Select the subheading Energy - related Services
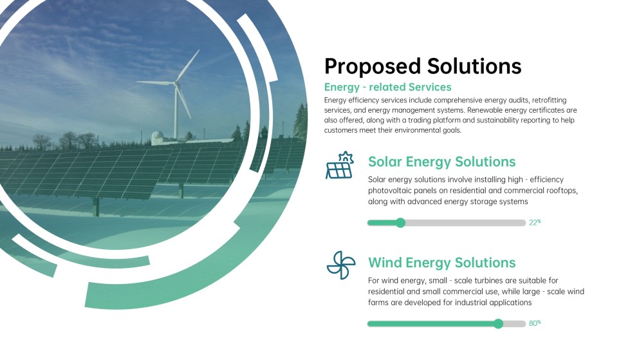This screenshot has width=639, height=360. (387, 87)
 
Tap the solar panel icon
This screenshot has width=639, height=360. (340, 166)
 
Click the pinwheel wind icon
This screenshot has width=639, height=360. (340, 265)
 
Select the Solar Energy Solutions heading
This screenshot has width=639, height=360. (441, 162)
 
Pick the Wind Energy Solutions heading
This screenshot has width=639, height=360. (441, 263)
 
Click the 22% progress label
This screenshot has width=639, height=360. (535, 222)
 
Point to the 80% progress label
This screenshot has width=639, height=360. (535, 323)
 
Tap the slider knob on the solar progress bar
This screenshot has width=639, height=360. (400, 223)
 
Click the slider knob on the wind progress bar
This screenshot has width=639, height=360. (498, 323)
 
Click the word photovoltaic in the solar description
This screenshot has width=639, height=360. (394, 191)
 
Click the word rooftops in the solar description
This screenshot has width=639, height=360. (563, 191)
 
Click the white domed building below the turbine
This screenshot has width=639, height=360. (158, 137)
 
